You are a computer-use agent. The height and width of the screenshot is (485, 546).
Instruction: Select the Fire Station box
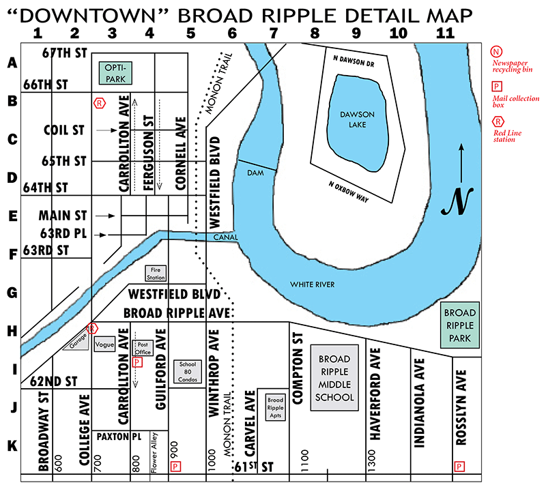coord(156,274)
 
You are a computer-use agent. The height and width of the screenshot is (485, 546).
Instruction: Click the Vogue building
coord(105,344)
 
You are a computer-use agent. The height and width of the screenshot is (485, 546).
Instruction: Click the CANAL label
coord(225,237)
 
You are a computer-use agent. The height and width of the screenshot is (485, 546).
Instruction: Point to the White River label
coord(312,284)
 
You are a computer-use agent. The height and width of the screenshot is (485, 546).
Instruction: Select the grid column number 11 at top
coord(444,32)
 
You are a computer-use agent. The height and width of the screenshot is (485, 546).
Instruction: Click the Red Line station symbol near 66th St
coord(100,103)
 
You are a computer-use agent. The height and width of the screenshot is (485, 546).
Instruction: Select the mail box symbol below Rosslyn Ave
coord(459,467)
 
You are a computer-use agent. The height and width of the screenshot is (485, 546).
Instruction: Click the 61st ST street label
coord(253,467)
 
